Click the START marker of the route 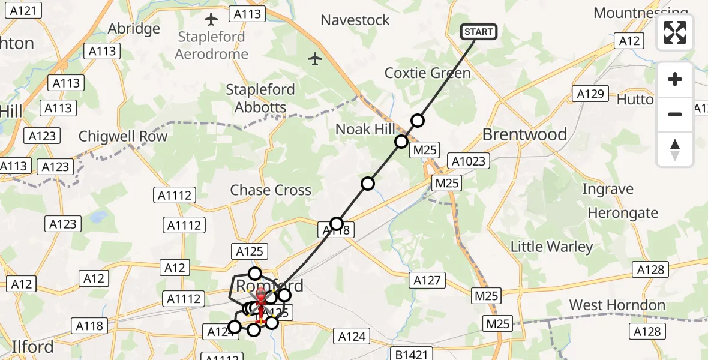[478, 32]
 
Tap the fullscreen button [675, 32]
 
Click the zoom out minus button [675, 114]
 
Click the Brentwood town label [524, 134]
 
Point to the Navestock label [355, 20]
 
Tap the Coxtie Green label [427, 73]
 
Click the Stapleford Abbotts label [260, 98]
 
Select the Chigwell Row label [123, 136]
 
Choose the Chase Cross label [271, 190]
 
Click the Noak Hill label [365, 129]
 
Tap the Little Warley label [551, 247]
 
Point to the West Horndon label [617, 305]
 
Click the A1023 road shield [470, 161]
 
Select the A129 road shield [590, 94]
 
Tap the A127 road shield [427, 280]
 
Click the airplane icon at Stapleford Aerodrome [211, 20]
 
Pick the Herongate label [623, 213]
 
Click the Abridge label [134, 28]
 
